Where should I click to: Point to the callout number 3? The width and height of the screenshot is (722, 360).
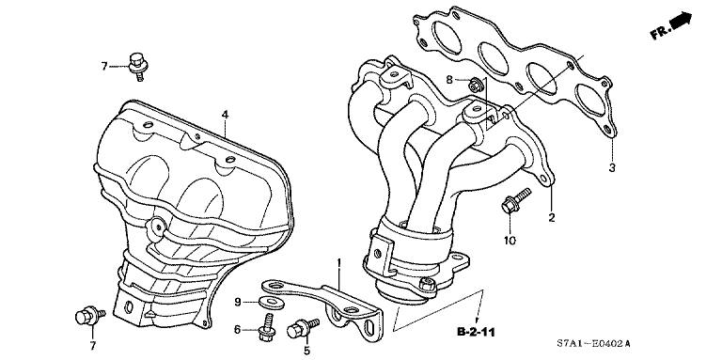click(610, 168)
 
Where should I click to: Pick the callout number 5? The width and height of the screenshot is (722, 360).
click(306, 352)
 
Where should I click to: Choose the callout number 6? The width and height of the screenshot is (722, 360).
click(239, 329)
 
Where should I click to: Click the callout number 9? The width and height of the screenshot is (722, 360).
click(239, 302)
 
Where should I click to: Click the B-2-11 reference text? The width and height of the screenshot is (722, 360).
click(478, 332)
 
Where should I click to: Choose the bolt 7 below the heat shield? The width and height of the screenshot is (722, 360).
click(90, 317)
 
